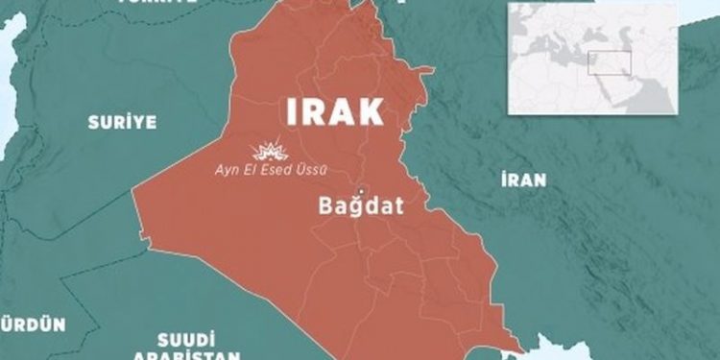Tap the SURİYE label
click(x=121, y=122)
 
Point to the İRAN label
click(x=523, y=180)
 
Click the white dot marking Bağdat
click(x=363, y=188)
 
